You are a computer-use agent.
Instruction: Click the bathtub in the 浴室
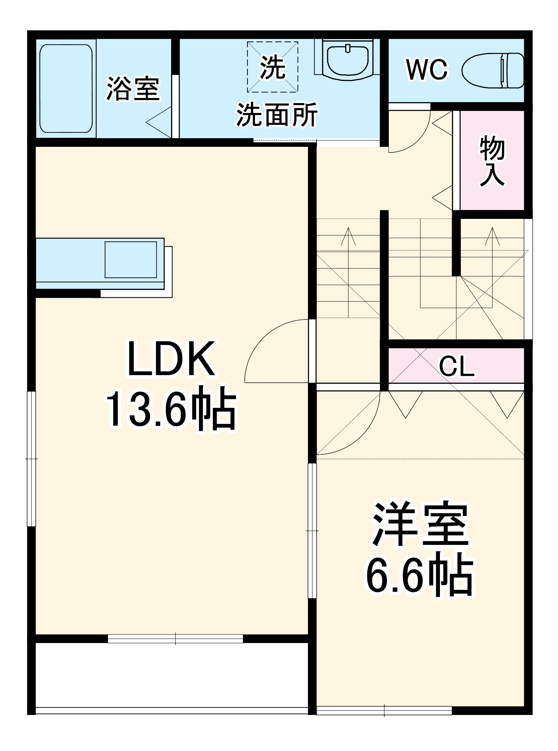[x=66, y=89]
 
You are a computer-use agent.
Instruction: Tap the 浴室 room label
[x=133, y=89]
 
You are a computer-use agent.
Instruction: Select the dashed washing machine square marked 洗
[x=272, y=67]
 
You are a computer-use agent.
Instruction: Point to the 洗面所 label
[x=277, y=115]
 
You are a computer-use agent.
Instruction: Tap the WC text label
[x=427, y=69]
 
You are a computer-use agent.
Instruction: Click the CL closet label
[x=456, y=366]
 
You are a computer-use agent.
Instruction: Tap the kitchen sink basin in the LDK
[x=130, y=259]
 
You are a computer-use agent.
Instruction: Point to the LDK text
[x=171, y=359]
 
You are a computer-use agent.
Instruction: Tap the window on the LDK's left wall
[x=32, y=459]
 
